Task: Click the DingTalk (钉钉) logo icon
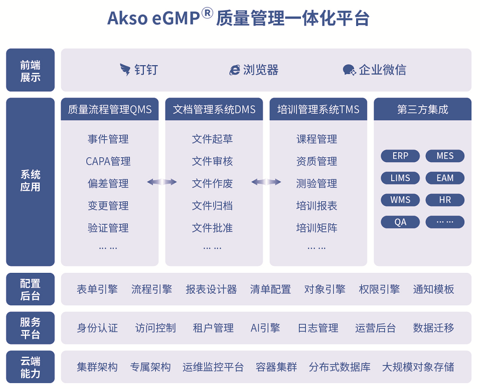pyautogui.click(x=125, y=70)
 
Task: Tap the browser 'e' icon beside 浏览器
pyautogui.click(x=235, y=70)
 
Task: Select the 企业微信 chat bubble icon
pyautogui.click(x=349, y=70)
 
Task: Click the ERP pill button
pyautogui.click(x=400, y=156)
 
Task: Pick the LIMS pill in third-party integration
pyautogui.click(x=400, y=178)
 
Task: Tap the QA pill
pyautogui.click(x=400, y=222)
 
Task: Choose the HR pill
pyautogui.click(x=445, y=200)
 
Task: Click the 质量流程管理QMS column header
pyautogui.click(x=109, y=109)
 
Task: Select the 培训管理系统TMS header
pyautogui.click(x=318, y=109)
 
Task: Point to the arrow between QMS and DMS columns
pyautogui.click(x=162, y=182)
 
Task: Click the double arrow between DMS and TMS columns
pyautogui.click(x=266, y=182)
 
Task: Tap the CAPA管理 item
pyautogui.click(x=108, y=161)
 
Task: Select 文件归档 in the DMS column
pyautogui.click(x=212, y=206)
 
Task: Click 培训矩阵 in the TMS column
pyautogui.click(x=316, y=228)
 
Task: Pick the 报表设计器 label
pyautogui.click(x=211, y=289)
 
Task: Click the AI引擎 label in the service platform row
pyautogui.click(x=265, y=328)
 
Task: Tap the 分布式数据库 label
pyautogui.click(x=340, y=366)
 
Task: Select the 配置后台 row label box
pyautogui.click(x=30, y=289)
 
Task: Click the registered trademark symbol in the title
pyautogui.click(x=207, y=13)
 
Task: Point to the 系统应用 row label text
pyautogui.click(x=30, y=181)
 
